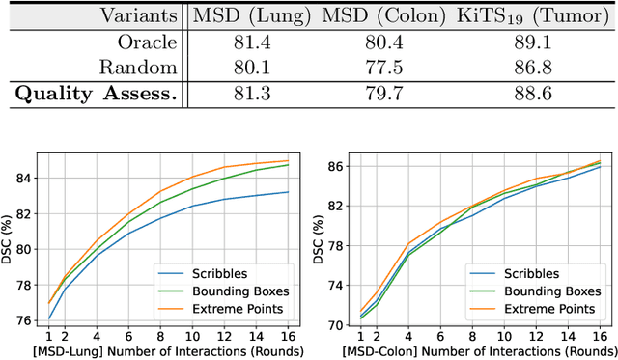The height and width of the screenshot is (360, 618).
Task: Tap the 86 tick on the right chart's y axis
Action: point(333,167)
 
